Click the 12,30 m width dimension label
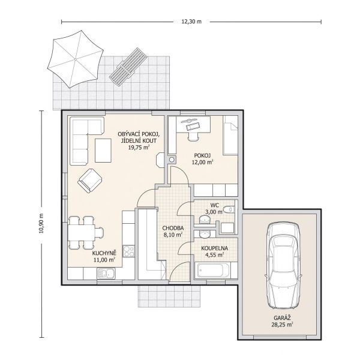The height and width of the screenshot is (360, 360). (x=191, y=22)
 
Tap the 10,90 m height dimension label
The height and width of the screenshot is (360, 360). (x=41, y=223)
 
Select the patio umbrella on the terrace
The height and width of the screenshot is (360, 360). (x=76, y=59)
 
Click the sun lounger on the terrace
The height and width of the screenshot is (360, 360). (x=128, y=67)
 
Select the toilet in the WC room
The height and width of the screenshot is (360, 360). (x=229, y=209)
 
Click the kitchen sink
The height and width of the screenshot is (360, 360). (x=106, y=274)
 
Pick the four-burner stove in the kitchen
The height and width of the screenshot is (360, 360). (x=129, y=251)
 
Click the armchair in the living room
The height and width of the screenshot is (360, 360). (x=90, y=181)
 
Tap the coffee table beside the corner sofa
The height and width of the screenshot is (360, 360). (x=103, y=151)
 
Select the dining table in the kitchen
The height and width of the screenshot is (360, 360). (x=81, y=233)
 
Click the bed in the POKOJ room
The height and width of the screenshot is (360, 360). (x=230, y=135)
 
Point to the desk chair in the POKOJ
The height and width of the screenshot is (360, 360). (x=193, y=136)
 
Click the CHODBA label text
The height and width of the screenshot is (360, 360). (x=173, y=228)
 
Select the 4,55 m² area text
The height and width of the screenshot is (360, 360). (x=214, y=254)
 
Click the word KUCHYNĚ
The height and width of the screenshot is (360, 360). (x=104, y=253)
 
